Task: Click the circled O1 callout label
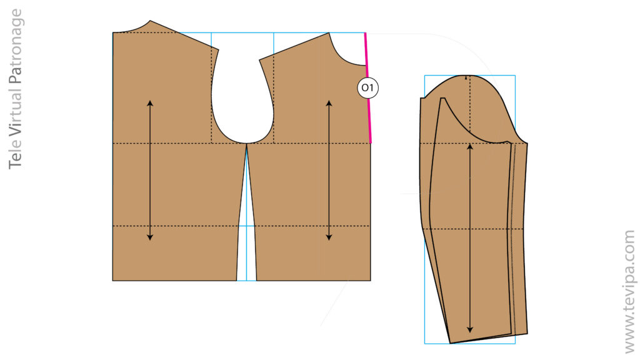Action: pyautogui.click(x=368, y=88)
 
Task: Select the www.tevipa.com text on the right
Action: pyautogui.click(x=628, y=291)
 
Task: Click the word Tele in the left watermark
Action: pyautogui.click(x=16, y=154)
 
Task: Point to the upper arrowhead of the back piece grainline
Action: pyautogui.click(x=150, y=101)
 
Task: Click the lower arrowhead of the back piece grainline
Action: pyautogui.click(x=150, y=238)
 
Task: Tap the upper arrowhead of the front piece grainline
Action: pyautogui.click(x=329, y=101)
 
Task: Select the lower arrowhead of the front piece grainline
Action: pyautogui.click(x=329, y=238)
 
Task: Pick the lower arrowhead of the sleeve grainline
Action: pyautogui.click(x=470, y=331)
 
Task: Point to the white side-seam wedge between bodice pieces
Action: pyautogui.click(x=247, y=250)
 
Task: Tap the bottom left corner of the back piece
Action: pyautogui.click(x=113, y=280)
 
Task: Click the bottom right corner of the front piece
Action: pyautogui.click(x=370, y=280)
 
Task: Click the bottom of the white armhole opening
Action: pyautogui.click(x=246, y=142)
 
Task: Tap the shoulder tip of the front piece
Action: pyautogui.click(x=259, y=61)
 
